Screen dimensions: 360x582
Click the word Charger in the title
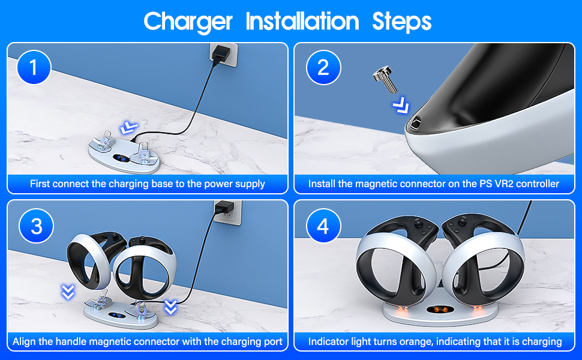(x=188, y=22)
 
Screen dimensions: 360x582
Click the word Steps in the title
(x=401, y=22)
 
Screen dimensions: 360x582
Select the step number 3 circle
(x=36, y=226)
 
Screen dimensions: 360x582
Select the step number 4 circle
(x=323, y=226)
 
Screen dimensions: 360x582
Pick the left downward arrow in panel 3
(x=68, y=292)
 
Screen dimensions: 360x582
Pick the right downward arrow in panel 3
(x=171, y=308)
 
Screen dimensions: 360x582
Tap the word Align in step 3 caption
(x=25, y=341)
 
